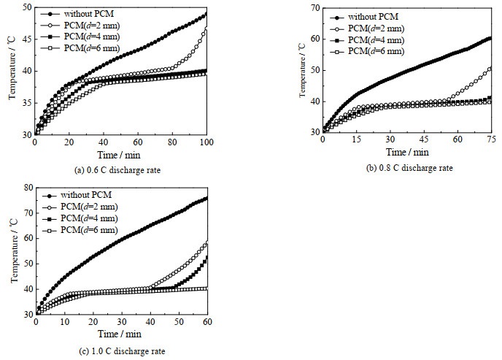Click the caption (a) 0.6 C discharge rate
[x=120, y=171]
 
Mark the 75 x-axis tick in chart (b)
[x=490, y=139]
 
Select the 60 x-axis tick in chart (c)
[x=207, y=322]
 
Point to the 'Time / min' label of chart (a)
[x=120, y=155]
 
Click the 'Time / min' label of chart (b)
[x=407, y=151]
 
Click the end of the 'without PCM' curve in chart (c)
[x=206, y=198]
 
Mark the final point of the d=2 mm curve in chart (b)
[x=490, y=69]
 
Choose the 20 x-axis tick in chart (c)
[x=93, y=322]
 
